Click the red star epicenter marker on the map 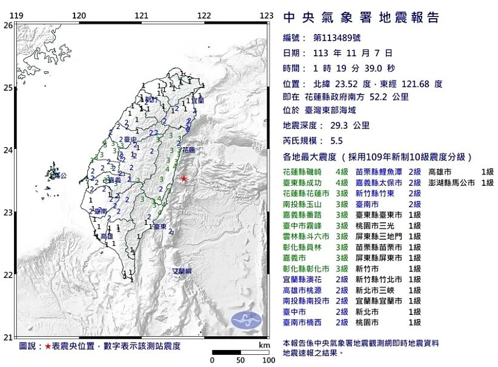[x=184, y=179]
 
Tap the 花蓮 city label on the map [x=188, y=149]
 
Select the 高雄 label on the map [x=107, y=236]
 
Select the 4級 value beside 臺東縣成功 [x=342, y=182]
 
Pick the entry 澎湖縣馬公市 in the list [x=453, y=182]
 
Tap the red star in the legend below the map [x=48, y=347]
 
